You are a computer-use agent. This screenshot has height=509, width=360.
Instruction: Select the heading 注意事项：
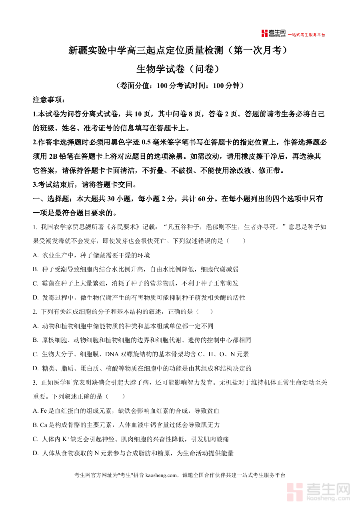48,100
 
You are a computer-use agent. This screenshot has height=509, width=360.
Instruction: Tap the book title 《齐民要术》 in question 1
139,227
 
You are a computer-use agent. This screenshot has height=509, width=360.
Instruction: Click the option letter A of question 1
35,255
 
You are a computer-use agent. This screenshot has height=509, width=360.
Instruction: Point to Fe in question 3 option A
44,411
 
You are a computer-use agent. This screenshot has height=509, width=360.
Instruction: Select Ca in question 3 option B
44,425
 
